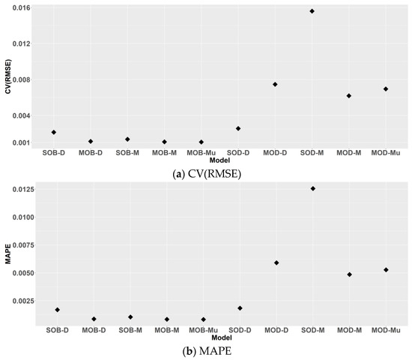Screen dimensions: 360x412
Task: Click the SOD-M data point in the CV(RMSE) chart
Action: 312,11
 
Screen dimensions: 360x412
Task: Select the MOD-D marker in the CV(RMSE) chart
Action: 275,84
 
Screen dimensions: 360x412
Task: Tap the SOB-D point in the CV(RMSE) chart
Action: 54,132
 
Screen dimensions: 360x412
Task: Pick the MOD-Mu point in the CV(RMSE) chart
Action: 385,88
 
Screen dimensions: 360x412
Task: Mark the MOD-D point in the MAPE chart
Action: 276,262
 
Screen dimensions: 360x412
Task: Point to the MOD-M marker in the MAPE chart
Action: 349,274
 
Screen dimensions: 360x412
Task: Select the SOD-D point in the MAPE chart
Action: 240,308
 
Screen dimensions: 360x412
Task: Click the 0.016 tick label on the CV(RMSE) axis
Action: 19,7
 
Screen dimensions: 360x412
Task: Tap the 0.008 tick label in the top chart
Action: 19,79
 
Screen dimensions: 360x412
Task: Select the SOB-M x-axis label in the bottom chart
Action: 130,330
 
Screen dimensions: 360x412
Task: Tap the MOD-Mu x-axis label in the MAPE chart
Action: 386,330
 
